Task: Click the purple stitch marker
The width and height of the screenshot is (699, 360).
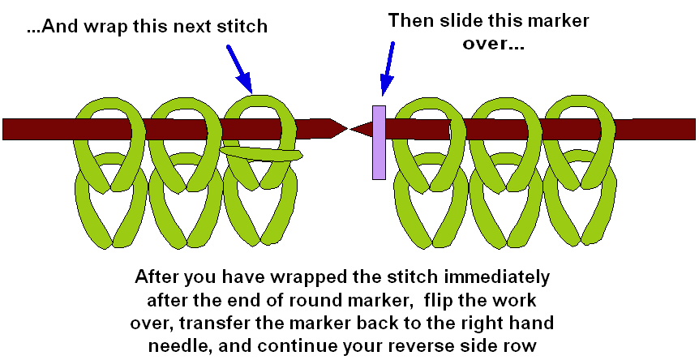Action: (x=379, y=141)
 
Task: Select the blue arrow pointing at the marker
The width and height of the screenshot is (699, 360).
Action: (x=388, y=69)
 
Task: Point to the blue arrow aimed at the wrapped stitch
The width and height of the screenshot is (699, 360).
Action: (x=240, y=66)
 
